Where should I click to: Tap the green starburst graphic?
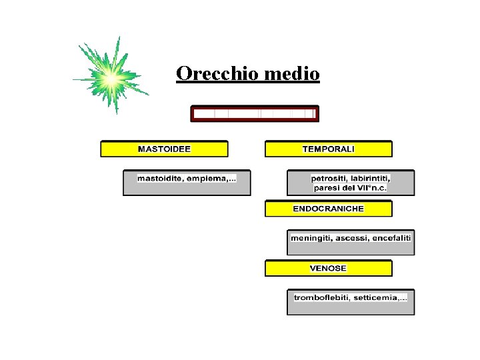click(111, 77)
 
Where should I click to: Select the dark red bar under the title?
click(255, 113)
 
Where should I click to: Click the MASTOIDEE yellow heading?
click(164, 149)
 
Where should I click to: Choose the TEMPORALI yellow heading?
click(329, 149)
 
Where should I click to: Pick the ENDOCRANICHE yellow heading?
click(329, 209)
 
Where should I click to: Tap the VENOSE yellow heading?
click(329, 268)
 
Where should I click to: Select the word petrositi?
click(329, 179)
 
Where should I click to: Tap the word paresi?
click(327, 188)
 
